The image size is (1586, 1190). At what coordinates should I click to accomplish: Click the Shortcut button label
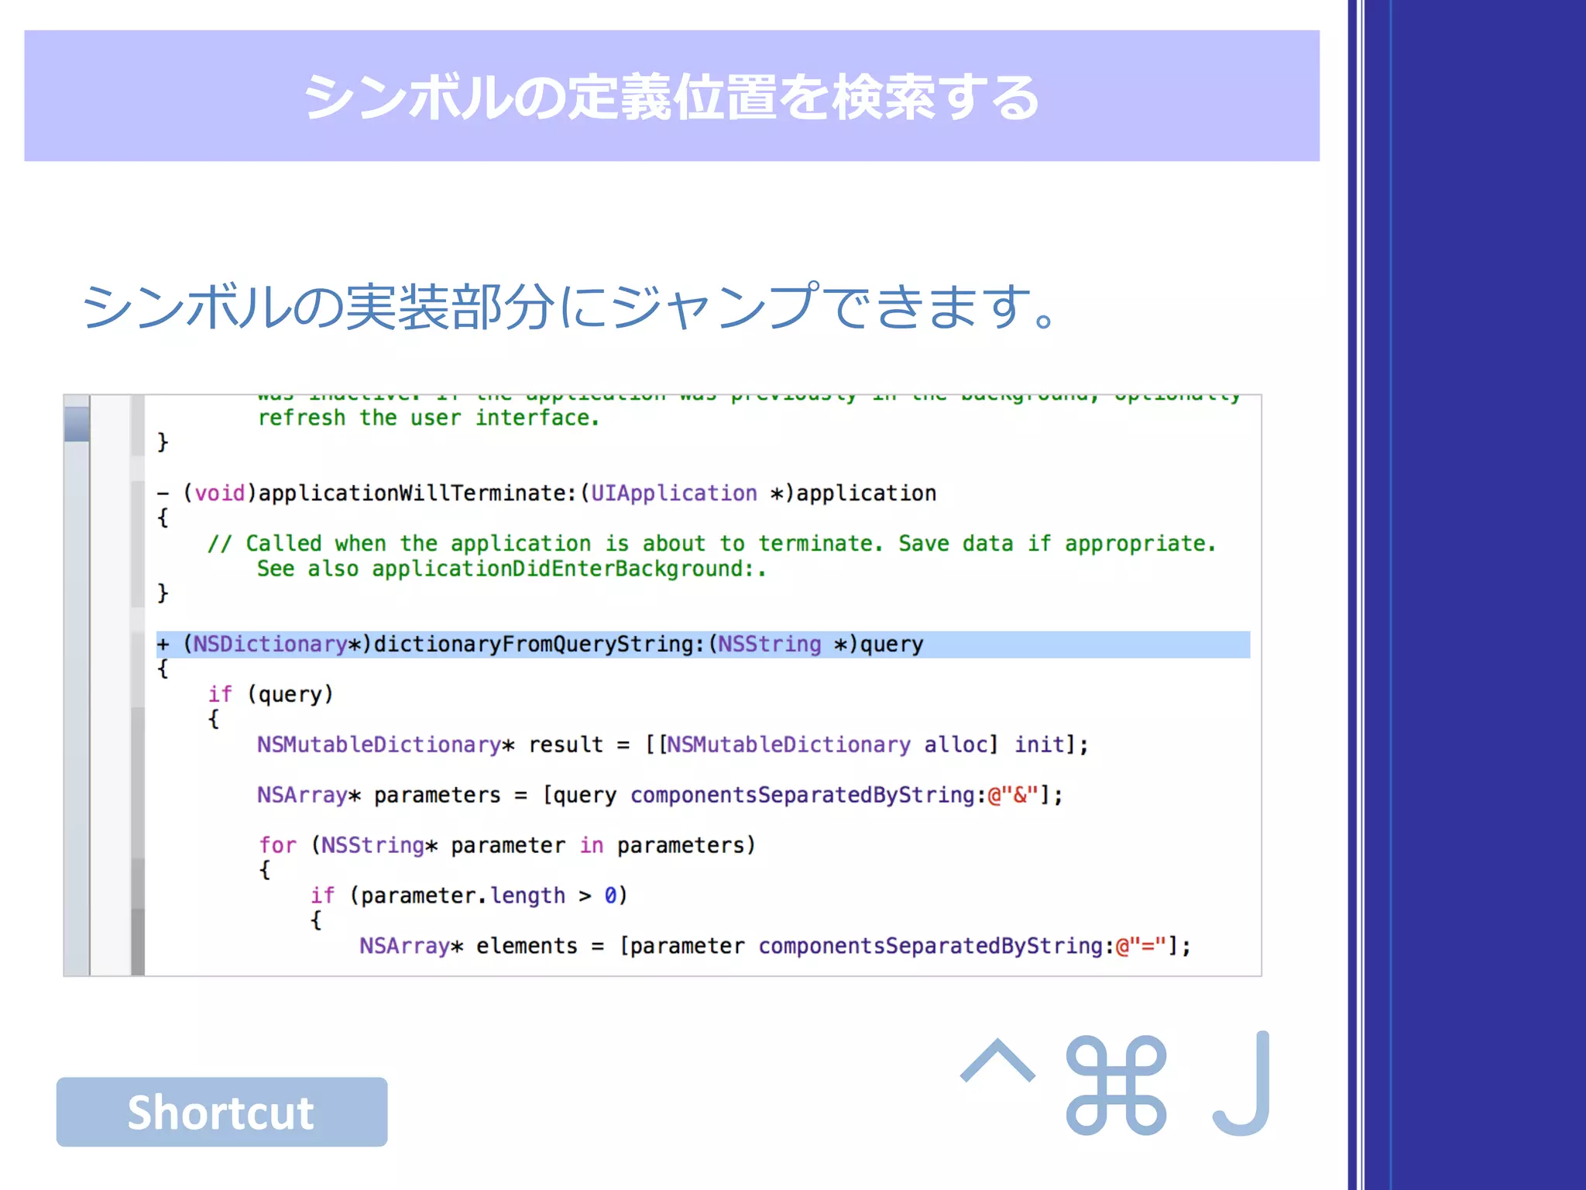(221, 1113)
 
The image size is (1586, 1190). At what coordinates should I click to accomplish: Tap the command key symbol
(1116, 1085)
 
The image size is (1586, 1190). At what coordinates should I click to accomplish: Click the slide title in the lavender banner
(671, 98)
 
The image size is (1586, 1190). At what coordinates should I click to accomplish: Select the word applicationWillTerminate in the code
(417, 494)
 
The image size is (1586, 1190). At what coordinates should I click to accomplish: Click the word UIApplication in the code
(674, 494)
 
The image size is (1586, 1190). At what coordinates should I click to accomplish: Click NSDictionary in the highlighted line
(269, 645)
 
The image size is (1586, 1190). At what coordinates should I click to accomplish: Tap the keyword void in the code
(219, 494)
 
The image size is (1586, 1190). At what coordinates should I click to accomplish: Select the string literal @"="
(1141, 947)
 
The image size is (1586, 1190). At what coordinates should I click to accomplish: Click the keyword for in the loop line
(277, 845)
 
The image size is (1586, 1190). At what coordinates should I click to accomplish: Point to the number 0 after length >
(610, 896)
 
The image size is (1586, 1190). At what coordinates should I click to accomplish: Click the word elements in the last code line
(527, 947)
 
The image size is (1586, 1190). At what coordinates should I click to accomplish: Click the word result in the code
(565, 745)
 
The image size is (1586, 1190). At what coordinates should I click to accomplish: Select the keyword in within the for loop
(592, 845)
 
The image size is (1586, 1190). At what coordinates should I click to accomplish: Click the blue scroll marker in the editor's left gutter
(77, 425)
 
